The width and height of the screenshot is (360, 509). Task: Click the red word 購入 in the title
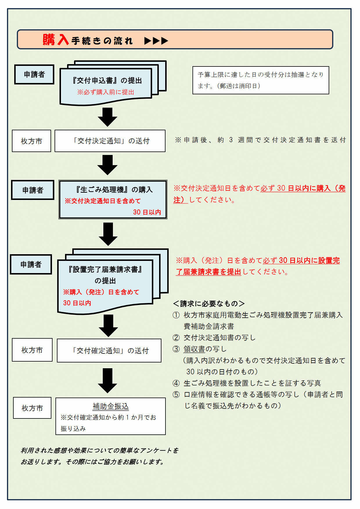pos(55,40)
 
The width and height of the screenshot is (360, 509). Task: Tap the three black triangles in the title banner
pos(156,41)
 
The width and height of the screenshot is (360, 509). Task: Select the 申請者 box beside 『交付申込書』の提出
pos(34,75)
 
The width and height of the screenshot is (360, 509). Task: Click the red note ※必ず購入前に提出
pos(106,92)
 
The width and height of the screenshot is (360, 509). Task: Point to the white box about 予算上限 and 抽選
pos(260,80)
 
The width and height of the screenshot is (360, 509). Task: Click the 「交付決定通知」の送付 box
pos(110,141)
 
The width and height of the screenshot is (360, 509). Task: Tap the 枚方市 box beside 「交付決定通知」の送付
pos(31,141)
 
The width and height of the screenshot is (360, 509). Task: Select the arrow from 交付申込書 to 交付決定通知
pos(107,117)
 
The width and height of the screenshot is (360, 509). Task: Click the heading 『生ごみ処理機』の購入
pos(114,189)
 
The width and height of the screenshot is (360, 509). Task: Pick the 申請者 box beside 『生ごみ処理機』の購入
pos(33,190)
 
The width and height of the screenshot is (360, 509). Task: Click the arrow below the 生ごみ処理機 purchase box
pos(108,234)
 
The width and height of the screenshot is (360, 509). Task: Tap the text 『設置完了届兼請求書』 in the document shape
pos(105,269)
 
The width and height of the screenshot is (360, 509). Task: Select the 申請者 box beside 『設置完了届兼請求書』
pos(31,264)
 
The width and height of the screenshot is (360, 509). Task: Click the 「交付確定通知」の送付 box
pos(109,351)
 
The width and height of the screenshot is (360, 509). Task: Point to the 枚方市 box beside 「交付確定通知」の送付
pos(32,350)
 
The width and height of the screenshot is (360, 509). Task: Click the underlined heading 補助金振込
pos(110,406)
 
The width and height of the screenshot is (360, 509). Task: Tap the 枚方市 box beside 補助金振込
pos(32,408)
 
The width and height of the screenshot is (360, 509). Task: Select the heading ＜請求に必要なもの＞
pos(208,304)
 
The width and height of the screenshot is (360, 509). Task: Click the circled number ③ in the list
pos(176,349)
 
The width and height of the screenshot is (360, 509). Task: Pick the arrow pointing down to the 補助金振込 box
pos(107,380)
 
